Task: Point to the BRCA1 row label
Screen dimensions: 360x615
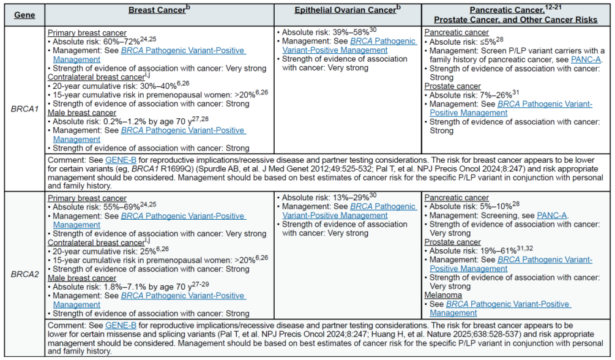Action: click(23, 109)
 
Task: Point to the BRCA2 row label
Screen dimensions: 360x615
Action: click(23, 273)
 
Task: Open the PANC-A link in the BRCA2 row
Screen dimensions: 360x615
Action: click(552, 216)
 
